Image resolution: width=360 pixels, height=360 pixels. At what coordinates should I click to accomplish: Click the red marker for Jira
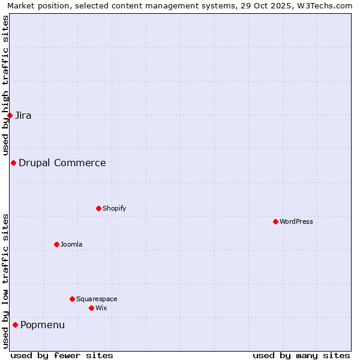(x=10, y=115)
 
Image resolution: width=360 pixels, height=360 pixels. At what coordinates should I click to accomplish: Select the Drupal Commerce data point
(x=13, y=163)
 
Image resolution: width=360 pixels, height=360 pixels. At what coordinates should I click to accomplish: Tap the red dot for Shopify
(x=98, y=208)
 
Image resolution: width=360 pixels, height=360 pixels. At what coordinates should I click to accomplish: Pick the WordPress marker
(x=275, y=221)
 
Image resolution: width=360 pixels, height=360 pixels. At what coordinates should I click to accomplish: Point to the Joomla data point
(x=56, y=244)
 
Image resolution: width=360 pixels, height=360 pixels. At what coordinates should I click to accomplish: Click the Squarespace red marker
(x=72, y=299)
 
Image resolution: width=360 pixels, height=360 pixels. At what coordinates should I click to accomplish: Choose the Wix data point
(x=91, y=308)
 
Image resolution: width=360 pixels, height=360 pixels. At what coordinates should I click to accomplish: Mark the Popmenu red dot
(x=15, y=325)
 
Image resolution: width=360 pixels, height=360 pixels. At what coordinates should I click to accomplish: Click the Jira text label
(x=23, y=115)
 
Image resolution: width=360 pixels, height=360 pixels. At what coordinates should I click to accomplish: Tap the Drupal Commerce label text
(x=62, y=163)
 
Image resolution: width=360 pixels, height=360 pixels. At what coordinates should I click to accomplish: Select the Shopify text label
(x=114, y=208)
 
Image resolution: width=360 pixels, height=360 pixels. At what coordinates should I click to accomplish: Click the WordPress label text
(x=296, y=221)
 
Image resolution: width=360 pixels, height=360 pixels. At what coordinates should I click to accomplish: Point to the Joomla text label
(x=71, y=244)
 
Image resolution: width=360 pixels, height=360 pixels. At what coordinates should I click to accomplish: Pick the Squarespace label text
(x=97, y=299)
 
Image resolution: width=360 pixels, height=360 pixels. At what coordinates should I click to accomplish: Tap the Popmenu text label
(x=43, y=325)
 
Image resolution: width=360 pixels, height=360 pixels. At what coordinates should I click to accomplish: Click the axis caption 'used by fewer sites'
(x=62, y=355)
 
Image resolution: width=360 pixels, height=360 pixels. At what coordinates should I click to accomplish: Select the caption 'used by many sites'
(x=301, y=355)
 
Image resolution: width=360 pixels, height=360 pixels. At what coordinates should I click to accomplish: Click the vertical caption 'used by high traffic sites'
(x=5, y=84)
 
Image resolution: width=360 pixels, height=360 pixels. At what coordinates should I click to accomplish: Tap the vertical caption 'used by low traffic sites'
(x=5, y=281)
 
